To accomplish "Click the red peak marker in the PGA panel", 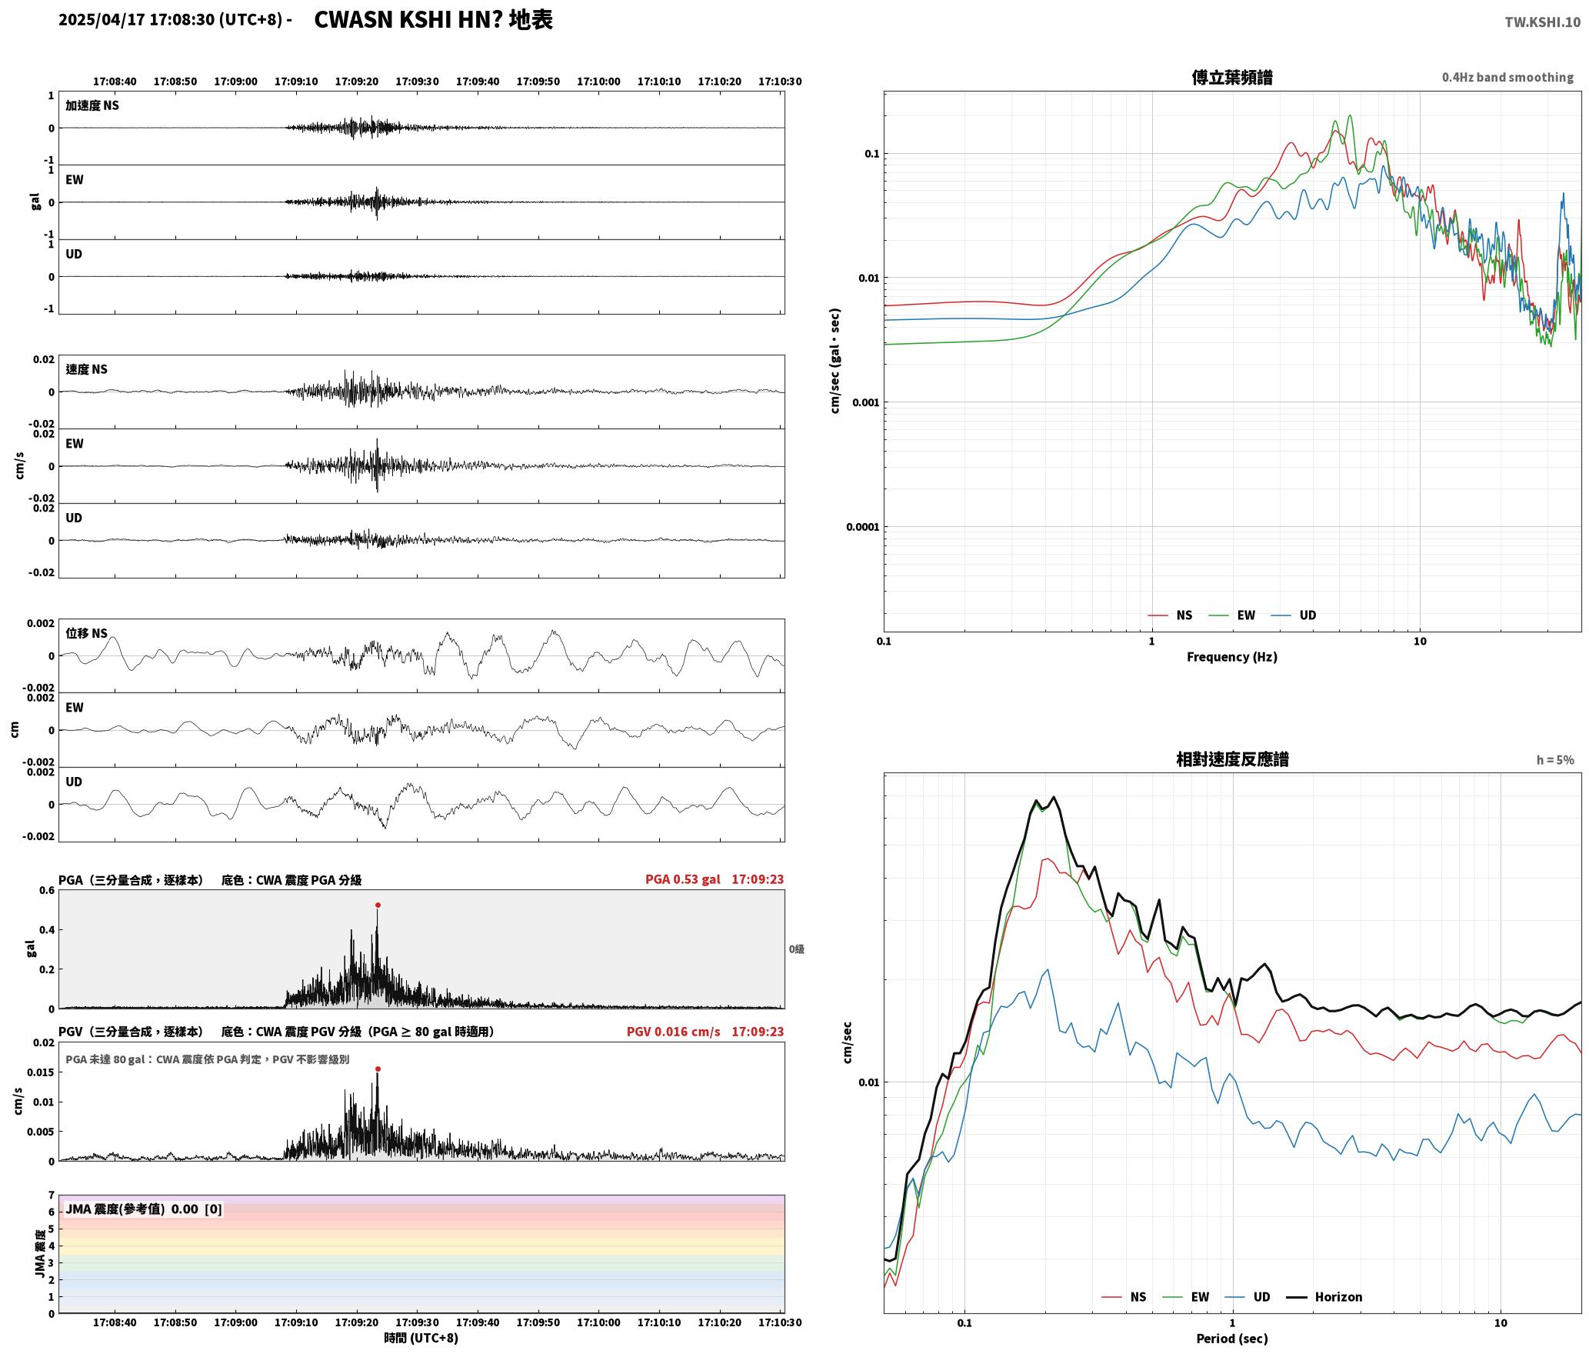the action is [378, 905].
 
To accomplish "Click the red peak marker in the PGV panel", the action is [378, 1069].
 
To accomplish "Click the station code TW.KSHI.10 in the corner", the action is [1543, 22].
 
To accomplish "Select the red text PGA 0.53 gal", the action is [683, 879].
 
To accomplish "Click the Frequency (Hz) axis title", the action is [1231, 656].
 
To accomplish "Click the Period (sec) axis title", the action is [1231, 1338].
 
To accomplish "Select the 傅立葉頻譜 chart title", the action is [1231, 77].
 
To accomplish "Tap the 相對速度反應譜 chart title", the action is [1232, 759].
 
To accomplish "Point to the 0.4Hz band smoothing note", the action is [1507, 77].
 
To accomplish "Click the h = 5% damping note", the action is [1555, 759].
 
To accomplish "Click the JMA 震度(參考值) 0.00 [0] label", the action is [144, 1209].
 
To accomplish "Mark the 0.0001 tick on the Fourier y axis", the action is [862, 527].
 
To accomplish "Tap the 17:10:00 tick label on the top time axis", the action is [598, 81].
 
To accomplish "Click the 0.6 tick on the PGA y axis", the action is [47, 890].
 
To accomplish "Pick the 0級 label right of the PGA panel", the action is [796, 949].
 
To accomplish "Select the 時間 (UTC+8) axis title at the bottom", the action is [421, 1338].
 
